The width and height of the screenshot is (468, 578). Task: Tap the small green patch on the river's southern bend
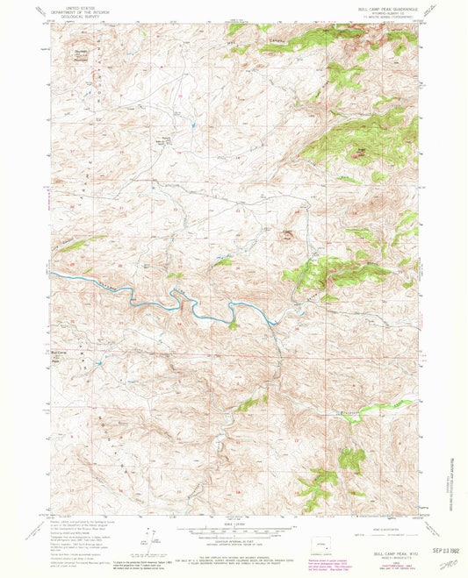click(233, 325)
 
